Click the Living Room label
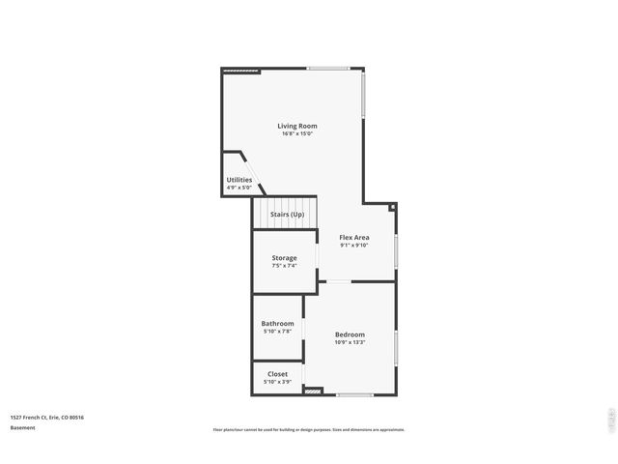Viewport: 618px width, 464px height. (x=296, y=126)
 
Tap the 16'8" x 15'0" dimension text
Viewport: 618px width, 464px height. (x=296, y=134)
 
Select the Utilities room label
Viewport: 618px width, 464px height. (x=239, y=180)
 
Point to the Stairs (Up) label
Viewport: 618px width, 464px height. (x=287, y=214)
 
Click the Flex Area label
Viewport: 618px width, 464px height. (x=354, y=237)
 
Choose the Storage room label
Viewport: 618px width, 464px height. (x=284, y=258)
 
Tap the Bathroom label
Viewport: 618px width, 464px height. (x=277, y=323)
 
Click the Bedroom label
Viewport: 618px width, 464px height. (x=350, y=334)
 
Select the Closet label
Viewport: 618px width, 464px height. (x=277, y=373)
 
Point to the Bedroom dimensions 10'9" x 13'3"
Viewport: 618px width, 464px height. (x=350, y=342)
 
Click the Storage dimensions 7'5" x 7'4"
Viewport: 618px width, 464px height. (x=284, y=266)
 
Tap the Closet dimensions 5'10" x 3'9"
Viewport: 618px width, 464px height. (x=277, y=382)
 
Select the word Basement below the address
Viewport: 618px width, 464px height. (x=23, y=427)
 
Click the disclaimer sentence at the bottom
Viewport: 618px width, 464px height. (x=309, y=430)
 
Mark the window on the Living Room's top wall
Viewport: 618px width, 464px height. (x=328, y=68)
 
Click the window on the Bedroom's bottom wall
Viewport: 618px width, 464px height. (x=354, y=394)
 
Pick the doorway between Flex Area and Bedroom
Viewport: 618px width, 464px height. (x=337, y=281)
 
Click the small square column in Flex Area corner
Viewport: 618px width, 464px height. (x=392, y=206)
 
